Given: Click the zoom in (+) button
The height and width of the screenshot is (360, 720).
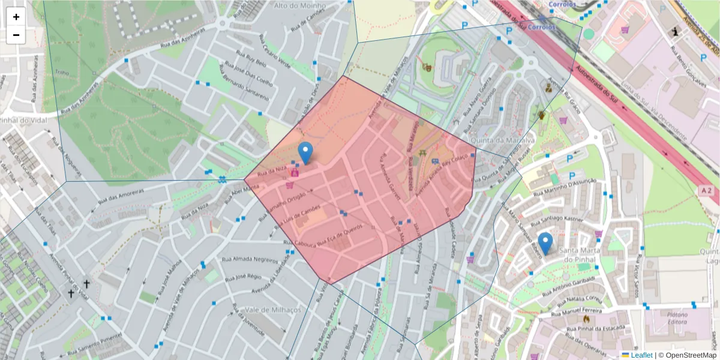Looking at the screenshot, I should point(16,17).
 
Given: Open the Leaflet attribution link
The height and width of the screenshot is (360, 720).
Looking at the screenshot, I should point(641,355).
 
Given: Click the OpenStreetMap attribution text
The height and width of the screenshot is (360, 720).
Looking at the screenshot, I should point(692,355).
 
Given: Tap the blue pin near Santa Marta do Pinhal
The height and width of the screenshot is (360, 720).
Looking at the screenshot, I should point(545,244).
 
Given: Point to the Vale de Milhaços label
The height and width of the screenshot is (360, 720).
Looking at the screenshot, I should point(272,310).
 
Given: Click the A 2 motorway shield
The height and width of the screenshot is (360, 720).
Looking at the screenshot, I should point(706,191).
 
